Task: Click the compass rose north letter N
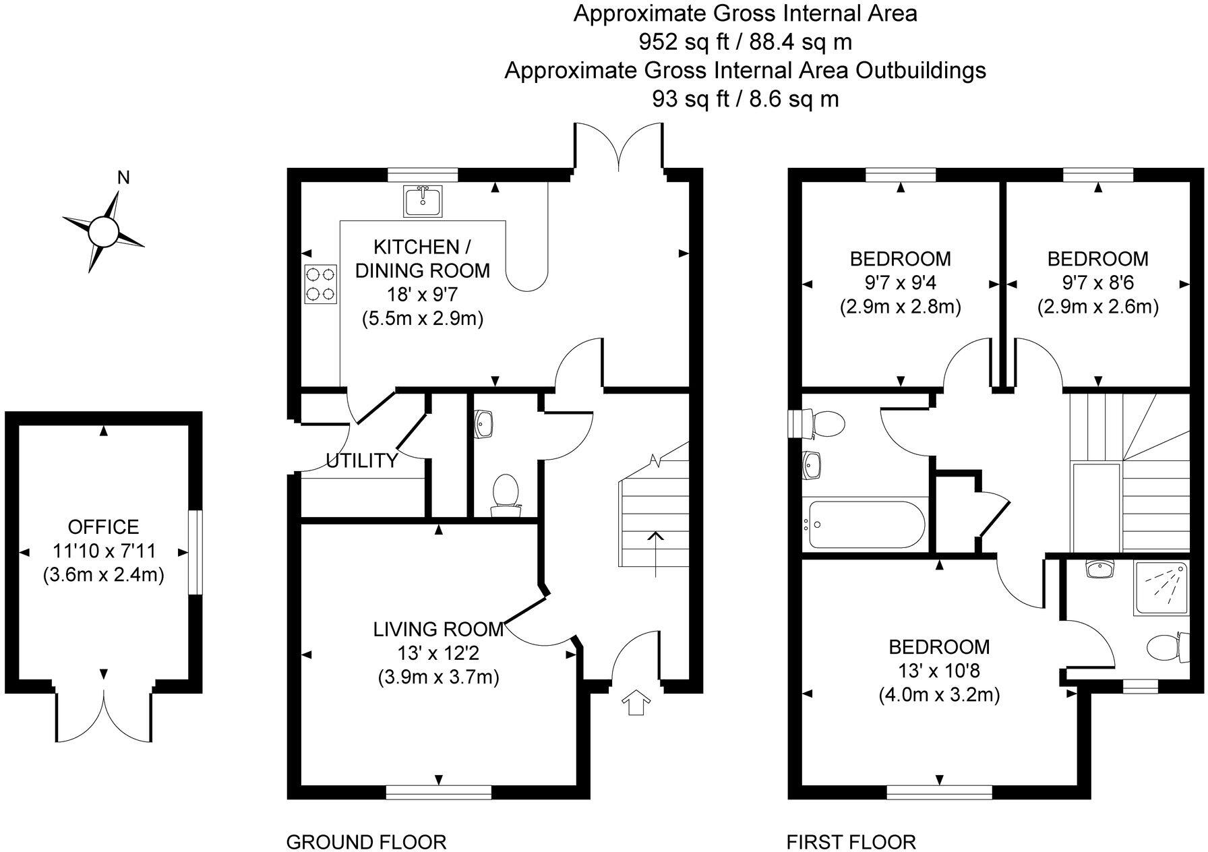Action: tap(123, 178)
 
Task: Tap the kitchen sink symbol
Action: tap(423, 202)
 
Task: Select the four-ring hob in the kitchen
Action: tap(321, 284)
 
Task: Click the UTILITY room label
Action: tap(362, 461)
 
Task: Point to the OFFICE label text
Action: tap(103, 526)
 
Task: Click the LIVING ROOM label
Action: tap(438, 629)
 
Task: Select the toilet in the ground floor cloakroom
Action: tap(505, 493)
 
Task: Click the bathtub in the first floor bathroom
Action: tap(866, 524)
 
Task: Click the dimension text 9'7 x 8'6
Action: tap(1097, 283)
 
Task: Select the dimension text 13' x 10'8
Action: tap(938, 671)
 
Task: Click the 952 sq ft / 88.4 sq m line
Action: tap(745, 42)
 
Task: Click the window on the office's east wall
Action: tap(195, 552)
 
